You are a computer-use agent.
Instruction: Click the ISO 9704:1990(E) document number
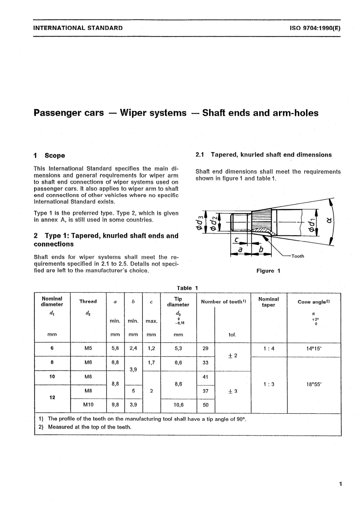pyautogui.click(x=315, y=28)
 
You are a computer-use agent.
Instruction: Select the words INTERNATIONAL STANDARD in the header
pyautogui.click(x=78, y=28)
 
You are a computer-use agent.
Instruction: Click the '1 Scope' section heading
pyautogui.click(x=49, y=155)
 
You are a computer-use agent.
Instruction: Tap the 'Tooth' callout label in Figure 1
pyautogui.click(x=297, y=256)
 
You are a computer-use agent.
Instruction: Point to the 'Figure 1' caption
pyautogui.click(x=268, y=271)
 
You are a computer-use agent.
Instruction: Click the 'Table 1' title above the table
pyautogui.click(x=187, y=288)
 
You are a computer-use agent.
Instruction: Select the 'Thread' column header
pyautogui.click(x=88, y=301)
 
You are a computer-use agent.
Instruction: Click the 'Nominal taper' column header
pyautogui.click(x=269, y=302)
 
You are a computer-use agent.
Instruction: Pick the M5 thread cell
pyautogui.click(x=88, y=348)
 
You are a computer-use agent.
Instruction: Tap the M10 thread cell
pyautogui.click(x=88, y=405)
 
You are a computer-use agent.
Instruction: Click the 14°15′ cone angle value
pyautogui.click(x=314, y=348)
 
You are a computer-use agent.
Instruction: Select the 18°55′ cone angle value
pyautogui.click(x=314, y=384)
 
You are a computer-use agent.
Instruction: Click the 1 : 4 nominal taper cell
pyautogui.click(x=269, y=348)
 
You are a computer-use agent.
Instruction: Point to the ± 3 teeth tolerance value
pyautogui.click(x=232, y=391)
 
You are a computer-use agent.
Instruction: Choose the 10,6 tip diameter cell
pyautogui.click(x=178, y=405)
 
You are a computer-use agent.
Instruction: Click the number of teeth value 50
pyautogui.click(x=205, y=405)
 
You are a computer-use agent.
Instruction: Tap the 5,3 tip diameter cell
pyautogui.click(x=178, y=348)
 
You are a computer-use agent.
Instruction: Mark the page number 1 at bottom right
pyautogui.click(x=341, y=484)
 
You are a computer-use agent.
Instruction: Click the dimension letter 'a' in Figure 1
pyautogui.click(x=240, y=249)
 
